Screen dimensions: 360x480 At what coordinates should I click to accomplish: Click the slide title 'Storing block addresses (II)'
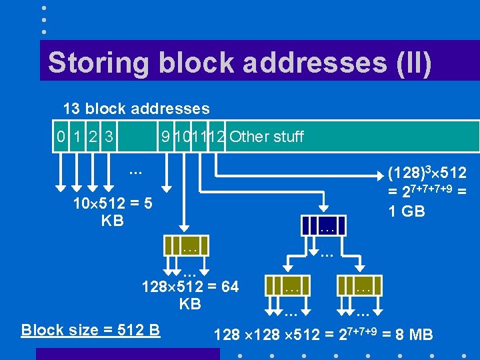pos(239,63)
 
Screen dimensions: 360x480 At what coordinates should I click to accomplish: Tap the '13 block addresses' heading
pos(136,109)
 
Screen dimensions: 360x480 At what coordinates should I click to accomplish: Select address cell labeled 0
pos(61,137)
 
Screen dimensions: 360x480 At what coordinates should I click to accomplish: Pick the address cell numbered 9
pos(165,137)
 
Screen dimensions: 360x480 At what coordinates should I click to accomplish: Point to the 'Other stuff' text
pos(266,137)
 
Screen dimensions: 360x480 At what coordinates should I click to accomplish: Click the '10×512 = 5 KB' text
pos(113,211)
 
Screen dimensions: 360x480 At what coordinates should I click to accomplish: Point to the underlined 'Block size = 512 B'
pos(91,330)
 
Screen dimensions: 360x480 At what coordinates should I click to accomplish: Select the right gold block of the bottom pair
pos(362,287)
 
